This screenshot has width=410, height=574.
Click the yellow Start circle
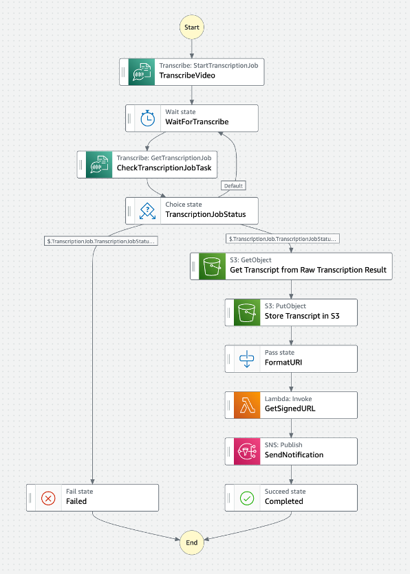[192, 27]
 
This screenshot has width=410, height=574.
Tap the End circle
[192, 542]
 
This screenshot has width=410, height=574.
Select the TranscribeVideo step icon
[142, 72]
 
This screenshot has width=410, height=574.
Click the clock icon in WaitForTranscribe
[147, 118]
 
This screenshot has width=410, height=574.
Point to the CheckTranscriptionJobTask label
[164, 168]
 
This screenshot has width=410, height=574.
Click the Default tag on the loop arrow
[233, 185]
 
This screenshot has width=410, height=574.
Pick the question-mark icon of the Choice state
[147, 211]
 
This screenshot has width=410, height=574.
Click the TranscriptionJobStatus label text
[206, 214]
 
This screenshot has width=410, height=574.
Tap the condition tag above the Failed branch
[101, 241]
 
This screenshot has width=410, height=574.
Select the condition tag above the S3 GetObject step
[282, 239]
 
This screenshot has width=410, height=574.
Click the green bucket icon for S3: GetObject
[213, 266]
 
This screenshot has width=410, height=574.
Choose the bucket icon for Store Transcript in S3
[247, 312]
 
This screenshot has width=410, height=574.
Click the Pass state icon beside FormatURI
[247, 358]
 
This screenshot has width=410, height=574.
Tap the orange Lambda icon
[247, 405]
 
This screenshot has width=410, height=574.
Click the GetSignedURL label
[290, 409]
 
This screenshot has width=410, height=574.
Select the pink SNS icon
[247, 451]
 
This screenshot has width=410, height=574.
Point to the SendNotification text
[294, 455]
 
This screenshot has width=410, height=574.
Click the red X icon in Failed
[48, 498]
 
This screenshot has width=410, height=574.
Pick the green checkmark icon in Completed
[247, 498]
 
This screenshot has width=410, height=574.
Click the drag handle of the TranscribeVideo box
[123, 72]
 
